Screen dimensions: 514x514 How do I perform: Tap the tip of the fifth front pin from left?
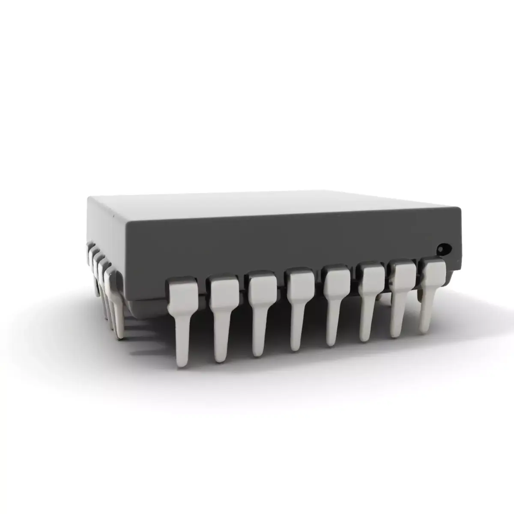tap(331, 341)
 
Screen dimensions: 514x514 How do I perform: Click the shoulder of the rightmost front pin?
tap(432, 272)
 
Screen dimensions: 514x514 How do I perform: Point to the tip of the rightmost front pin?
tap(425, 328)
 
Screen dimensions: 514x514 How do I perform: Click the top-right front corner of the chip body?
tap(461, 209)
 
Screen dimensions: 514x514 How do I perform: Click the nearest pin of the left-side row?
tap(116, 300)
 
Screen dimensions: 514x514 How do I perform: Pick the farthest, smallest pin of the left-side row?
tap(90, 248)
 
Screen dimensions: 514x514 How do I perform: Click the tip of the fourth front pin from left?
tap(296, 346)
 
